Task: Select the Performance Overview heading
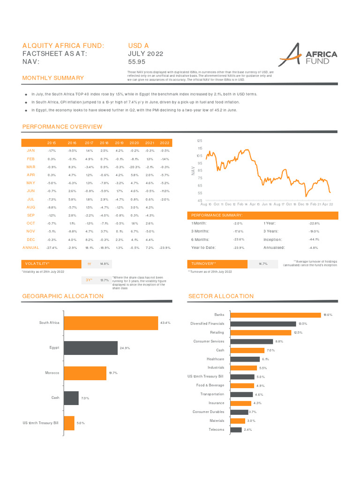tap(62, 127)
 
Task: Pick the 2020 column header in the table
tap(135, 143)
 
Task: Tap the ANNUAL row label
tap(31, 247)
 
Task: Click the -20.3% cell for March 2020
tap(135, 167)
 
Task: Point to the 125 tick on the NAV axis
tap(199, 141)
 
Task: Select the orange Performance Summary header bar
tap(262, 215)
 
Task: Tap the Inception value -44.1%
tap(314, 240)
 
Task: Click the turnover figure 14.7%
tap(263, 264)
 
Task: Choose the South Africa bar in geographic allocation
tap(111, 323)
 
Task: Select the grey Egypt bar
tap(90, 348)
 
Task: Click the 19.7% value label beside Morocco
tap(113, 373)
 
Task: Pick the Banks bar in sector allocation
tap(276, 315)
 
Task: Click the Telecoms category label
tap(216, 429)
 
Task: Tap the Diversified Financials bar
tap(263, 324)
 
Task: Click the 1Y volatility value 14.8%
tap(105, 264)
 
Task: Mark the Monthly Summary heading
tap(53, 78)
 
